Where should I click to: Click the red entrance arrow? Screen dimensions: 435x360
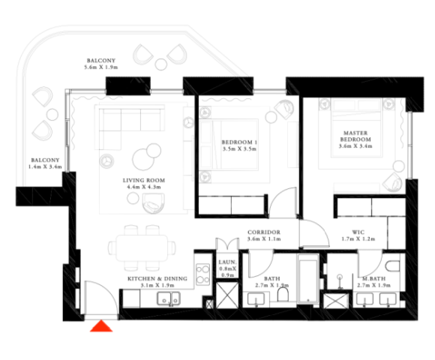(x=101, y=326)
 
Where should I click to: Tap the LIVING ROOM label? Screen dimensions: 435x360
(x=144, y=180)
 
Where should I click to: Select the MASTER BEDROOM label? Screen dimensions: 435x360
(x=355, y=136)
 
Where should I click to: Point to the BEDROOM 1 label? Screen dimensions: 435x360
(x=239, y=142)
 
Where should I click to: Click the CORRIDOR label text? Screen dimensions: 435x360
(x=264, y=232)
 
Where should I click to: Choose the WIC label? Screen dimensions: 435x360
(x=358, y=232)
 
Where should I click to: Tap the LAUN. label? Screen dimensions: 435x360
(x=227, y=262)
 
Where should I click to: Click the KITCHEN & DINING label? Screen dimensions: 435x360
(x=157, y=278)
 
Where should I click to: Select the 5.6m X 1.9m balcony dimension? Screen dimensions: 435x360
(x=101, y=67)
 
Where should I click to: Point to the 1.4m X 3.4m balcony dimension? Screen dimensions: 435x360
(x=45, y=166)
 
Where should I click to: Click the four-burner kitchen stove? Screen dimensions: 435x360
(x=202, y=274)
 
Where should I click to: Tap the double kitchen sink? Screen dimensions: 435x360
(x=169, y=298)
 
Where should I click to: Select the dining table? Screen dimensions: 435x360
(x=142, y=247)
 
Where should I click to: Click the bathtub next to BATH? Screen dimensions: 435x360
(x=307, y=278)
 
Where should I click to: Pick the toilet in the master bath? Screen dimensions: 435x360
(x=392, y=266)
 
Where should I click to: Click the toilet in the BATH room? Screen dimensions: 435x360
(x=283, y=294)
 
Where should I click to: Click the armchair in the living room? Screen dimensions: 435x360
(x=154, y=203)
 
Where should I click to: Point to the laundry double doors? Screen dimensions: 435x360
(x=227, y=244)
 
